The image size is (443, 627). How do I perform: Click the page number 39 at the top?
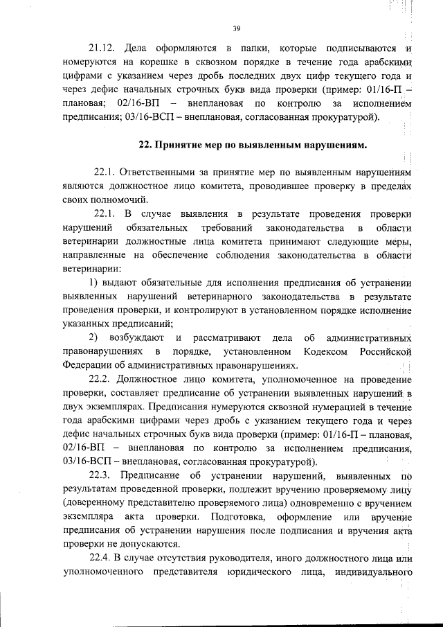(236, 28)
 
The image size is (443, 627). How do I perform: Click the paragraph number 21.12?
(102, 48)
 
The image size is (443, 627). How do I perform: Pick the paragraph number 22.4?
(101, 559)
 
